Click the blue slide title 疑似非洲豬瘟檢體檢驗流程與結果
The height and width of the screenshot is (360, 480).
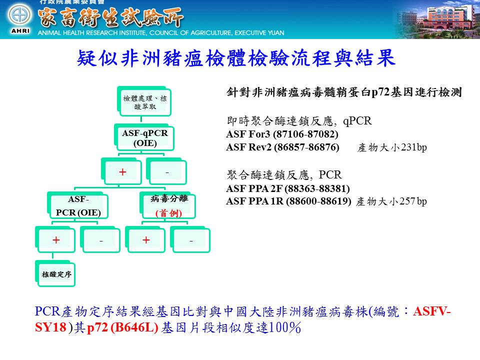[236, 58]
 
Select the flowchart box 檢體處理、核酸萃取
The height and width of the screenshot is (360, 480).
[144, 101]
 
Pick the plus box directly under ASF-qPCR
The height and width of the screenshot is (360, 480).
[121, 171]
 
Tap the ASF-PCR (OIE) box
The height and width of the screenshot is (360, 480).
[78, 205]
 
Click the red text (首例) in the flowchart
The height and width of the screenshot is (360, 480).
[168, 213]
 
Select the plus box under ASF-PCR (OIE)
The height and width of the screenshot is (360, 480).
[55, 239]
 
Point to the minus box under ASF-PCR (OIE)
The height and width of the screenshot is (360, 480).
[100, 239]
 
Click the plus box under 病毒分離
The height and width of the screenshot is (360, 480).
[145, 239]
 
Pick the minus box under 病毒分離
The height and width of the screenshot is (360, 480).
[190, 239]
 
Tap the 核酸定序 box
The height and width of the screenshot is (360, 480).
[55, 273]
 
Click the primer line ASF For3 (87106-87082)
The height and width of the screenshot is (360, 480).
[282, 134]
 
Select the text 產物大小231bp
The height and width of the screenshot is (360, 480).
[392, 147]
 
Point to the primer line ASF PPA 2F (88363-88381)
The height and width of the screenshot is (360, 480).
[288, 188]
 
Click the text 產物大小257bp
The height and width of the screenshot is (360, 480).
[391, 201]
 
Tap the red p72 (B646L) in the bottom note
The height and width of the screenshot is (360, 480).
[123, 327]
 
